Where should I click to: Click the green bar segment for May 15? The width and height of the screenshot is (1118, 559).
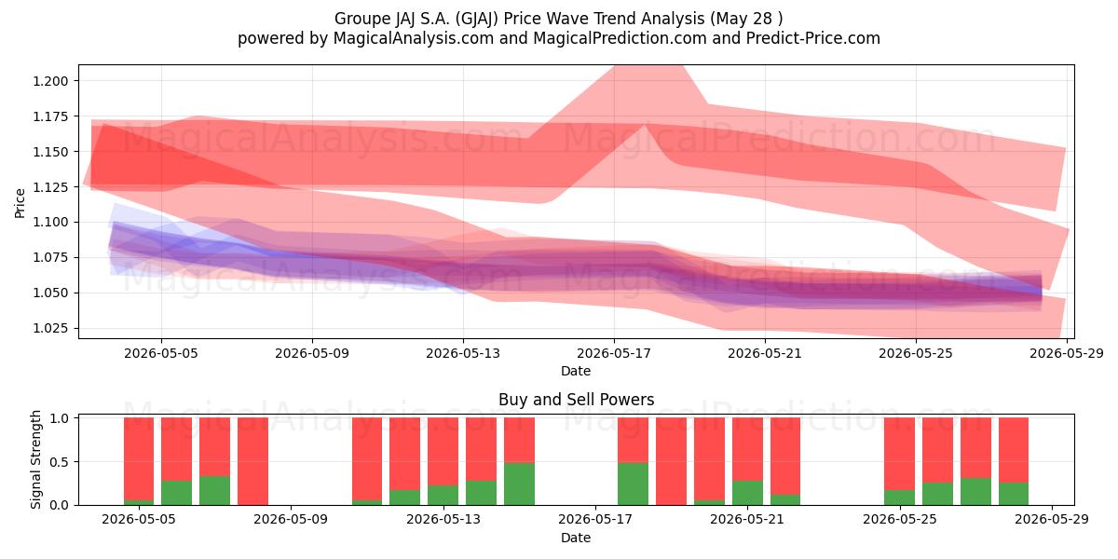(x=519, y=484)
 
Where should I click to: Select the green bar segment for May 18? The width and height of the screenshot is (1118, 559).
(x=633, y=484)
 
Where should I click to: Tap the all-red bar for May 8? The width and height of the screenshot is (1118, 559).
(x=253, y=461)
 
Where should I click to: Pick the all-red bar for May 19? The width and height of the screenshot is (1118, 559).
(x=672, y=461)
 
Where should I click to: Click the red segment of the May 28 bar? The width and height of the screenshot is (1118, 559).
(x=1014, y=450)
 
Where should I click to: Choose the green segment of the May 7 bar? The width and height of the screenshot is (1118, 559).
(x=215, y=491)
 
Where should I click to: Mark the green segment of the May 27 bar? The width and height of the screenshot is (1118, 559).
(x=975, y=492)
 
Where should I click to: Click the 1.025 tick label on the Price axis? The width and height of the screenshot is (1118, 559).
(x=50, y=328)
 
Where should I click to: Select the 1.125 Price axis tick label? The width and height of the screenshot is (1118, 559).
(x=50, y=187)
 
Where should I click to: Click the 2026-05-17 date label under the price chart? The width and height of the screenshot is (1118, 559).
(x=614, y=353)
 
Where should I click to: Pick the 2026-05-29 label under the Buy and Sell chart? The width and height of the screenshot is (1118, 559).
(x=1052, y=519)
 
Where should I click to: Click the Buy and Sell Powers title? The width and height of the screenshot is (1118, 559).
(x=576, y=400)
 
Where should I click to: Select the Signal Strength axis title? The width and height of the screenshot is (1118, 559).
(x=35, y=459)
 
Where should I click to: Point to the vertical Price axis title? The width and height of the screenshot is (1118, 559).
(x=20, y=203)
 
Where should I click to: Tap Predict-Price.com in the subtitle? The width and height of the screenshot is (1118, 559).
(x=813, y=38)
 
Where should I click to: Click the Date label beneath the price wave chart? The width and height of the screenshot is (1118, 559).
(x=576, y=371)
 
